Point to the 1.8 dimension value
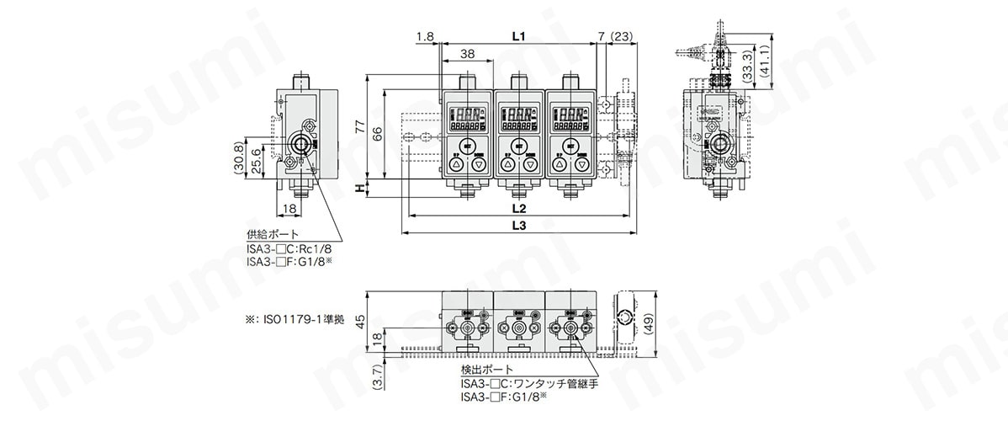point(424,36)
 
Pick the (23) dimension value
point(623,36)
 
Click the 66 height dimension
point(377,133)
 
